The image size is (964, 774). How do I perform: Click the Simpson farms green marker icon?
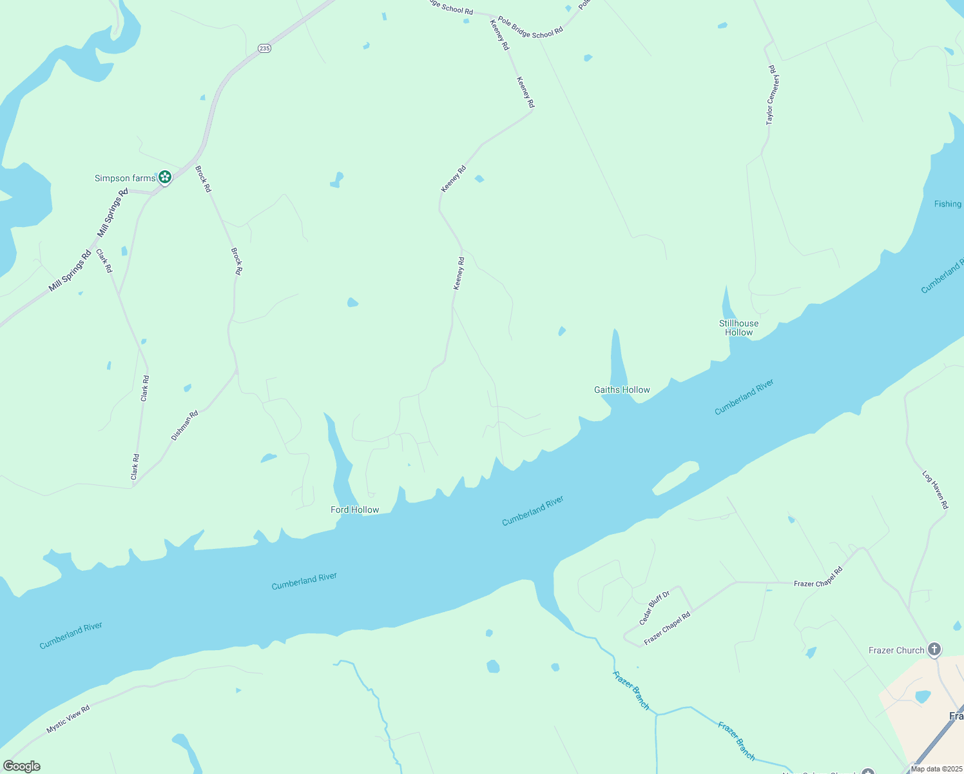pyautogui.click(x=165, y=177)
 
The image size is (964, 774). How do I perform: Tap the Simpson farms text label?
pyautogui.click(x=125, y=179)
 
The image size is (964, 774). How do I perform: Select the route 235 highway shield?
pyautogui.click(x=264, y=48)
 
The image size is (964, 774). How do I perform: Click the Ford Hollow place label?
pyautogui.click(x=354, y=510)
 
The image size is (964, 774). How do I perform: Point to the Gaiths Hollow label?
pyautogui.click(x=622, y=390)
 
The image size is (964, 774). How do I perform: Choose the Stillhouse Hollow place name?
pyautogui.click(x=738, y=328)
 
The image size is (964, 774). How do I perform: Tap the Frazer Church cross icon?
pyautogui.click(x=934, y=650)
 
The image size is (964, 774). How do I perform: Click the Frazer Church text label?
pyautogui.click(x=896, y=650)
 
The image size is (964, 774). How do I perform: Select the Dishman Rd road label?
pyautogui.click(x=184, y=426)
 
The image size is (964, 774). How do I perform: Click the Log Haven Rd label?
pyautogui.click(x=935, y=490)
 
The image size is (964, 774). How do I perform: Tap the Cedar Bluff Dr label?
pyautogui.click(x=654, y=608)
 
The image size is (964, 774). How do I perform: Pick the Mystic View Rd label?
pyautogui.click(x=68, y=719)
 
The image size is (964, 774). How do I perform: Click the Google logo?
pyautogui.click(x=21, y=766)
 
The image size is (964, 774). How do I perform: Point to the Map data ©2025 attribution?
pyautogui.click(x=936, y=769)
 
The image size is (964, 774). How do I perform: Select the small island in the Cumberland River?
pyautogui.click(x=675, y=477)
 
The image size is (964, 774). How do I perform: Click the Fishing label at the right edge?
pyautogui.click(x=947, y=204)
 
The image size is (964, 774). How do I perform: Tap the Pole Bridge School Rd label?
pyautogui.click(x=530, y=28)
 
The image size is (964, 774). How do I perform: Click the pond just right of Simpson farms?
pyautogui.click(x=336, y=179)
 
